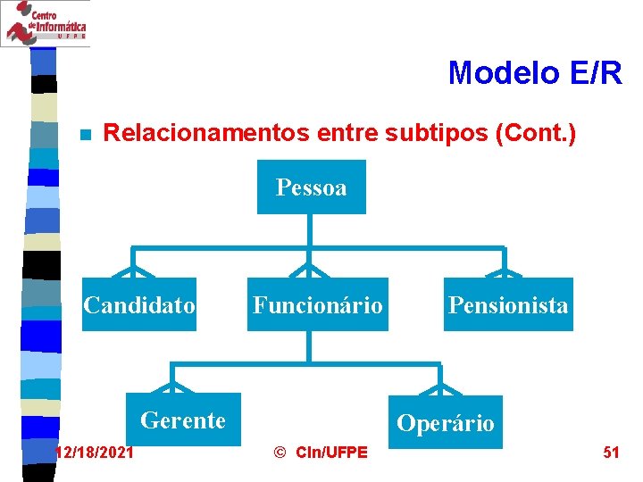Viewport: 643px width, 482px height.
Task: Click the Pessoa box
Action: click(x=311, y=187)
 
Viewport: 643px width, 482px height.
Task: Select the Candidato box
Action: click(x=139, y=305)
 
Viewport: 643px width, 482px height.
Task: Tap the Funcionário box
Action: click(x=317, y=305)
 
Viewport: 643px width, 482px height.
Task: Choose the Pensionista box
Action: click(x=508, y=305)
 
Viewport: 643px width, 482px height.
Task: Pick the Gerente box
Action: click(x=183, y=420)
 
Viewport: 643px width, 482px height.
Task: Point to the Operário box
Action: click(x=445, y=422)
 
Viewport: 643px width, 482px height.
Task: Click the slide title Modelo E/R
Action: click(x=534, y=72)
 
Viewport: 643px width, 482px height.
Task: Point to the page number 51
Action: click(x=611, y=453)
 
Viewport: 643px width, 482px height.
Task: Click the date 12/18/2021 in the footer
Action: click(x=96, y=453)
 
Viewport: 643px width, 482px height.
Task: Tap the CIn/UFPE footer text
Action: click(x=330, y=453)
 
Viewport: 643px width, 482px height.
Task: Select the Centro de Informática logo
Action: click(x=45, y=23)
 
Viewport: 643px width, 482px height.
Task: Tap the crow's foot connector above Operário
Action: click(x=440, y=387)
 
